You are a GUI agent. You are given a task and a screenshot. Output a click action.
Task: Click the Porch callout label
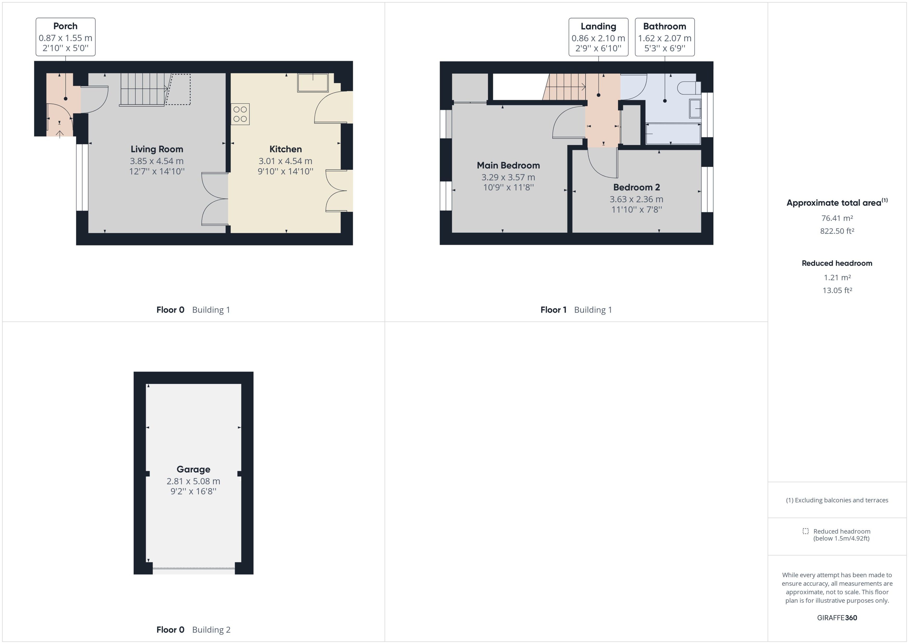click(66, 37)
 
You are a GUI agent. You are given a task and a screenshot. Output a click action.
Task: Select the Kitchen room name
click(285, 149)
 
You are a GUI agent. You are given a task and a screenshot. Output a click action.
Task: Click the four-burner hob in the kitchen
click(240, 114)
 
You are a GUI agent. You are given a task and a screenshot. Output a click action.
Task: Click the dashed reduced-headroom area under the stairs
click(178, 90)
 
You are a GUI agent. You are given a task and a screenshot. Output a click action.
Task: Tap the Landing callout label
click(598, 37)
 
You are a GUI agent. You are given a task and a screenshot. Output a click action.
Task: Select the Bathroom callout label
click(665, 37)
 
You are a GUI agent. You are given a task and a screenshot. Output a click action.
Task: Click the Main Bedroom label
click(508, 165)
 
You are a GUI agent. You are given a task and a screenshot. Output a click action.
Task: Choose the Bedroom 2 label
click(636, 187)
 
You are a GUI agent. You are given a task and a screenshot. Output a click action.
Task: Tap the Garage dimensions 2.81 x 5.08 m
click(193, 481)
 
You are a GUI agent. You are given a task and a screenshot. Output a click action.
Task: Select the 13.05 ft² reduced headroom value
click(837, 290)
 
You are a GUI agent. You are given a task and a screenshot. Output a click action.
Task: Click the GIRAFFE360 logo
click(837, 617)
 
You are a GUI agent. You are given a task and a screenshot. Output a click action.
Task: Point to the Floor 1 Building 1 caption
click(576, 310)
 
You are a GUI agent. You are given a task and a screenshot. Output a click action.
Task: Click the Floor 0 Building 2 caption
click(193, 630)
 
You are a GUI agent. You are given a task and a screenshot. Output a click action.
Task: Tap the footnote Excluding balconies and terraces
click(837, 500)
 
